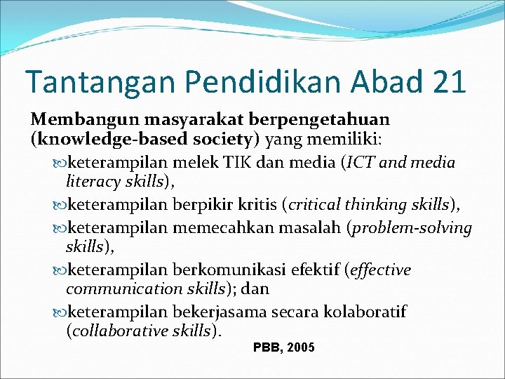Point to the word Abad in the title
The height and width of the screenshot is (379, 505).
pos(375,82)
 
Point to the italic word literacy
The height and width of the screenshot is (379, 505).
pos(92,182)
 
